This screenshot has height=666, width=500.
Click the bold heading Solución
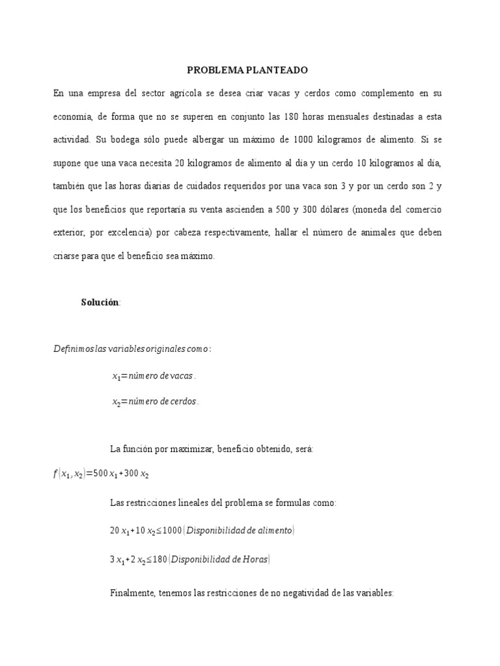pyautogui.click(x=100, y=302)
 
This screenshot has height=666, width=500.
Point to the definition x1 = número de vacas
pyautogui.click(x=154, y=376)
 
